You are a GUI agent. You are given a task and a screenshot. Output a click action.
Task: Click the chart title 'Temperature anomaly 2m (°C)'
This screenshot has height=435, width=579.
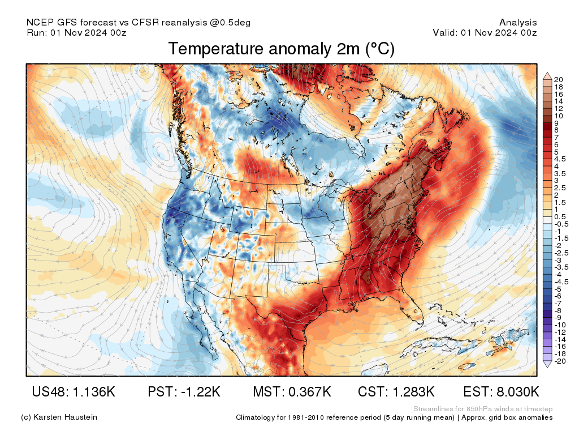coord(281,49)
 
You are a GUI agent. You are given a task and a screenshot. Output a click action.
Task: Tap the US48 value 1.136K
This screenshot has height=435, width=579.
coord(74,392)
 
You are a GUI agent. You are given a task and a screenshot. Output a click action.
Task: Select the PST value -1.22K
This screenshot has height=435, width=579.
coord(184,392)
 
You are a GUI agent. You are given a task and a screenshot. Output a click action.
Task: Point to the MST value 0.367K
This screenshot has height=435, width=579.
coord(292,392)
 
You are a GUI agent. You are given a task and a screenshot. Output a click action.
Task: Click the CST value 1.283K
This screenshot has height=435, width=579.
coord(396,392)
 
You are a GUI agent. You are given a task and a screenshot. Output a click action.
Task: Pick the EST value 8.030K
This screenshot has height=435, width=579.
coord(501,392)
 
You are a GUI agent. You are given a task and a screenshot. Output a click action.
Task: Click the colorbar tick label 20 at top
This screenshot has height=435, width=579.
coord(559,79)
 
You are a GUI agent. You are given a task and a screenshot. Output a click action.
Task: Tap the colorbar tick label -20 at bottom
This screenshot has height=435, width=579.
coord(560,361)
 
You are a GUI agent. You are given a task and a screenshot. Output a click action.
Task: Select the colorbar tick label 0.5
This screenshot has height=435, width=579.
coord(559,217)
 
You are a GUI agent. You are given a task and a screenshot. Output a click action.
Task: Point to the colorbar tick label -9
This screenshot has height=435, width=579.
coord(558,317)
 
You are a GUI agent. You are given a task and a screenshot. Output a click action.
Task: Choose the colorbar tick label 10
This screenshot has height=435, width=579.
coord(559,116)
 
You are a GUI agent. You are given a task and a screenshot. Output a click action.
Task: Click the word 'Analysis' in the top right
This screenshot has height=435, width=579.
coord(518,23)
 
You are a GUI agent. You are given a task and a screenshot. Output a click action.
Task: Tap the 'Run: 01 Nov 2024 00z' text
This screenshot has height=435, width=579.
coord(76,32)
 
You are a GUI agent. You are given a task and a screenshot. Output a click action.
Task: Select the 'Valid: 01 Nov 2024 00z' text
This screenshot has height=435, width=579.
coord(485,32)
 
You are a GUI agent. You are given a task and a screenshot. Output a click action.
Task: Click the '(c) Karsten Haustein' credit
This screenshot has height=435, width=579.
coord(59,417)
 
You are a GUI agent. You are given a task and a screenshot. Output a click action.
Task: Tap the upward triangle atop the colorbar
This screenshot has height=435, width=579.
coord(547,75)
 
